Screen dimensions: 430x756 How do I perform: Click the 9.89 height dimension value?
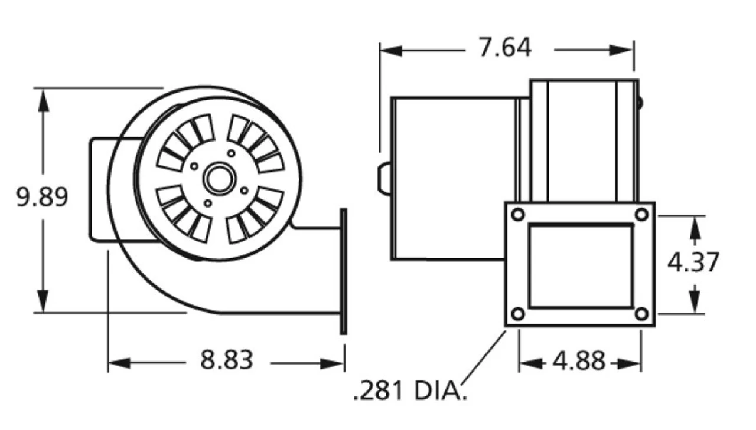pyautogui.click(x=42, y=198)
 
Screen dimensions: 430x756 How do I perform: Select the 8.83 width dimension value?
pyautogui.click(x=227, y=360)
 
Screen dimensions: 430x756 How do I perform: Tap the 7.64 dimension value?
pyautogui.click(x=504, y=48)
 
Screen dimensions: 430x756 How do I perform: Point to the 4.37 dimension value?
pyautogui.click(x=693, y=262)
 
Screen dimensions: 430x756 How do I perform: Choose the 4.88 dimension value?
pyautogui.click(x=579, y=361)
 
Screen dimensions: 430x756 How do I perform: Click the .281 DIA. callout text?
pyautogui.click(x=410, y=390)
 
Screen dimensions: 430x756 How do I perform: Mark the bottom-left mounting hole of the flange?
pyautogui.click(x=518, y=314)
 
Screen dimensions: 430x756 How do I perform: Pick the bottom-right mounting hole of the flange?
pyautogui.click(x=641, y=314)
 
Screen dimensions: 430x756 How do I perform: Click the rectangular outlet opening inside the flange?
pyautogui.click(x=580, y=265)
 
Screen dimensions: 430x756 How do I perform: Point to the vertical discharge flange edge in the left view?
pyautogui.click(x=343, y=271)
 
